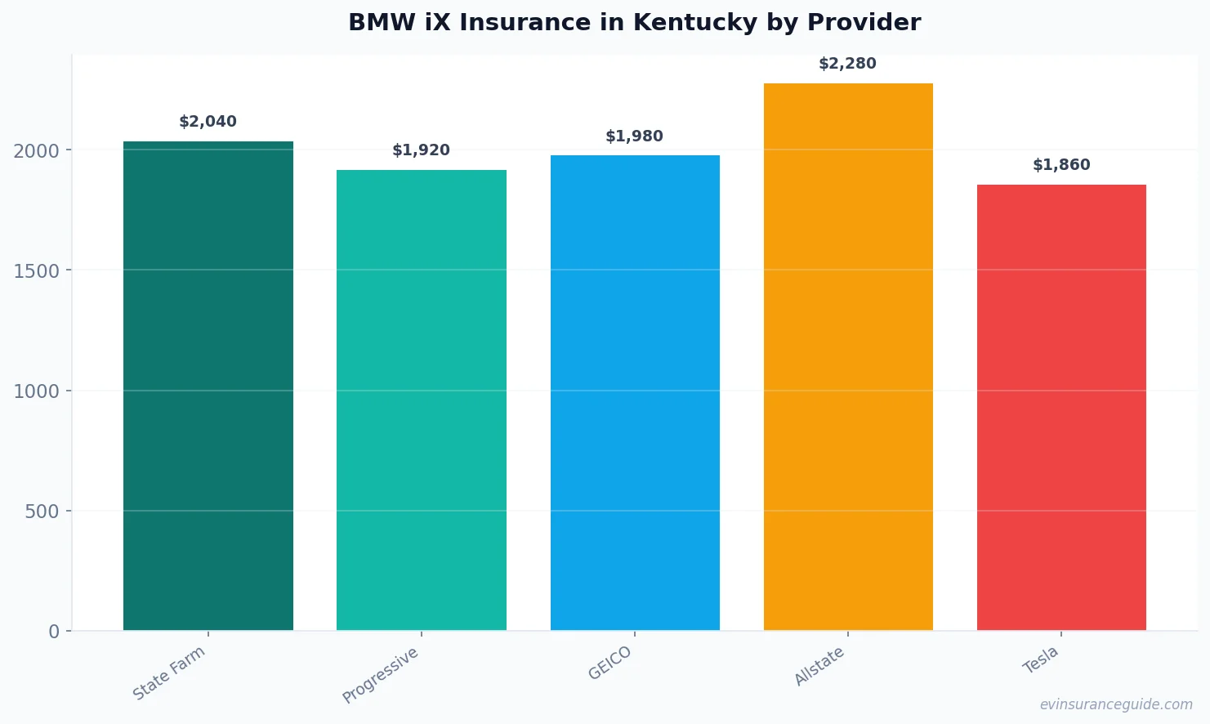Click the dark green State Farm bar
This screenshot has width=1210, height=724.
pyautogui.click(x=208, y=386)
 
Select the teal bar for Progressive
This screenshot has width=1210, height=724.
pyautogui.click(x=421, y=400)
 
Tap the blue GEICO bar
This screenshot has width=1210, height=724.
pyautogui.click(x=635, y=392)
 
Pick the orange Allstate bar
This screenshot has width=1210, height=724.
pyautogui.click(x=848, y=356)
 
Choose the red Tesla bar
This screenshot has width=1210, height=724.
pyautogui.click(x=1061, y=407)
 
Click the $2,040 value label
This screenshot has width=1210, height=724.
pyautogui.click(x=208, y=122)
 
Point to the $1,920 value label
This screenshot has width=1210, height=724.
pyautogui.click(x=421, y=150)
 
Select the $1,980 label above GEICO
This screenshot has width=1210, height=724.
pyautogui.click(x=634, y=136)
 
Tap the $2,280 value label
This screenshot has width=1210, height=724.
pyautogui.click(x=847, y=64)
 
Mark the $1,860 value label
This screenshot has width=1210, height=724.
pyautogui.click(x=1061, y=165)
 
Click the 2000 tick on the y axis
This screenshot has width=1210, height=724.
pyautogui.click(x=37, y=151)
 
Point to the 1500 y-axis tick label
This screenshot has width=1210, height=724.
pyautogui.click(x=37, y=271)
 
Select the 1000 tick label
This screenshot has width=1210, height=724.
pyautogui.click(x=37, y=391)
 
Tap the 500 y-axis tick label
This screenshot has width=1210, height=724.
pyautogui.click(x=42, y=512)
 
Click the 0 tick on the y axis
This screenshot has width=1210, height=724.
pyautogui.click(x=54, y=632)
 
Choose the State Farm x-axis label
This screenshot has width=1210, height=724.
pyautogui.click(x=169, y=673)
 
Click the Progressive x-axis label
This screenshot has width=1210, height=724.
pyautogui.click(x=380, y=676)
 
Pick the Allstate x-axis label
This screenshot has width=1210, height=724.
pyautogui.click(x=819, y=667)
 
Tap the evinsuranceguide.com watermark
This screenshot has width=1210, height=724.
pyautogui.click(x=1116, y=704)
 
